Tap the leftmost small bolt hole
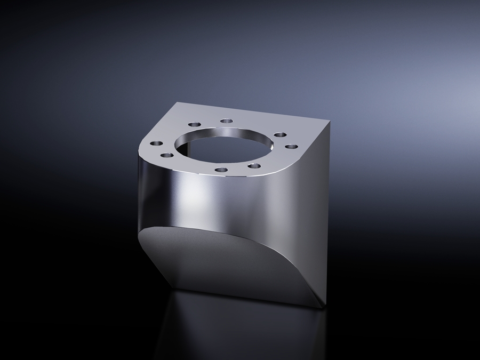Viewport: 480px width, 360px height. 156,143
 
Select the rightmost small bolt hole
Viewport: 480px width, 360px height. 291,146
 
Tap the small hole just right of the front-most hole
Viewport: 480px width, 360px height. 255,166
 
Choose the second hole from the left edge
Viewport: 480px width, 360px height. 167,155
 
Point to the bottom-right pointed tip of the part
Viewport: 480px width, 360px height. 324,308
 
